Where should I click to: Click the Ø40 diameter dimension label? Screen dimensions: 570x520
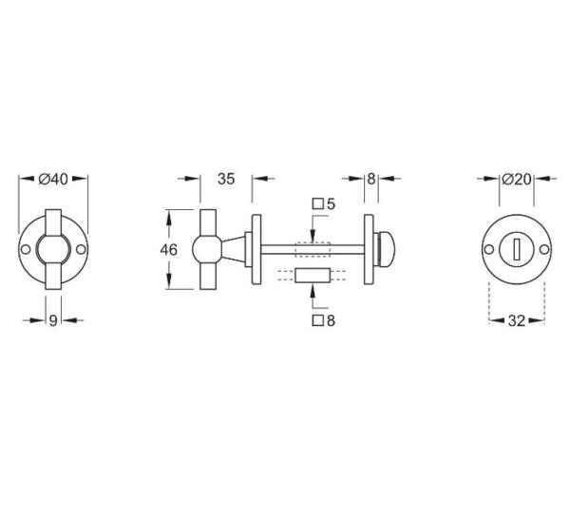click(x=53, y=179)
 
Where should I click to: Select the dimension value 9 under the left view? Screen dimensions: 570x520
click(x=53, y=320)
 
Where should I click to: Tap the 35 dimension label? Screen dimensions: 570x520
click(x=226, y=179)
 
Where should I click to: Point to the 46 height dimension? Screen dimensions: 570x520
click(x=169, y=250)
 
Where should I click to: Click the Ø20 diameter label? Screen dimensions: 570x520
click(x=516, y=179)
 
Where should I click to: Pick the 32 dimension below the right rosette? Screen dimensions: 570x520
click(x=517, y=321)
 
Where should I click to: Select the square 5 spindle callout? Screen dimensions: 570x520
click(x=324, y=204)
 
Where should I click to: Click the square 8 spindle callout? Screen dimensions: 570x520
click(x=324, y=320)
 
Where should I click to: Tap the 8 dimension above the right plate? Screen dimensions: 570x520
click(x=370, y=179)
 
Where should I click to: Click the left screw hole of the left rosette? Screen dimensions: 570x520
click(x=26, y=250)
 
